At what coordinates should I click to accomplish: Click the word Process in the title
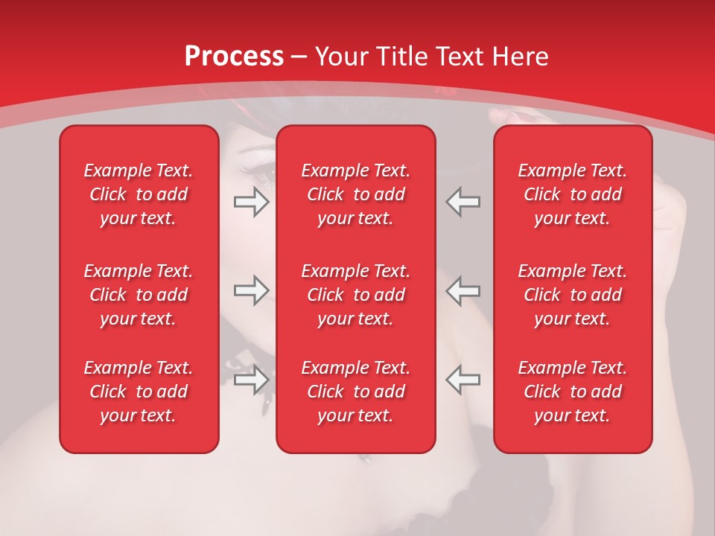[234, 57]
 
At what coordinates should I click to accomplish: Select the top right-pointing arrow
[252, 202]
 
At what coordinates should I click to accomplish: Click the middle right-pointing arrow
[252, 291]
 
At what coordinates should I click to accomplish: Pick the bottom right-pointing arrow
[252, 380]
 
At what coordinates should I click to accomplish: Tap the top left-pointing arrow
[463, 202]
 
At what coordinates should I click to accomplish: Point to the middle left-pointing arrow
[463, 291]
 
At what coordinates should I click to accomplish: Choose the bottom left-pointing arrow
[463, 380]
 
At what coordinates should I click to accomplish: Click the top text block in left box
[139, 194]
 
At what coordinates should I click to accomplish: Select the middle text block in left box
[139, 295]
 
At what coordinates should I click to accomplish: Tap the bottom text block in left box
[139, 392]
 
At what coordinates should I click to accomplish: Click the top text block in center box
[356, 194]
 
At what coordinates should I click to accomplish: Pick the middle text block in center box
[356, 295]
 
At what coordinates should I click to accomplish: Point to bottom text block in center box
[356, 392]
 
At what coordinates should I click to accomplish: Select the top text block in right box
[573, 194]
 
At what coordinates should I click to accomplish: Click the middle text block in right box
[573, 295]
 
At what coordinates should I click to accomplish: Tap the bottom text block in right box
[573, 392]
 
